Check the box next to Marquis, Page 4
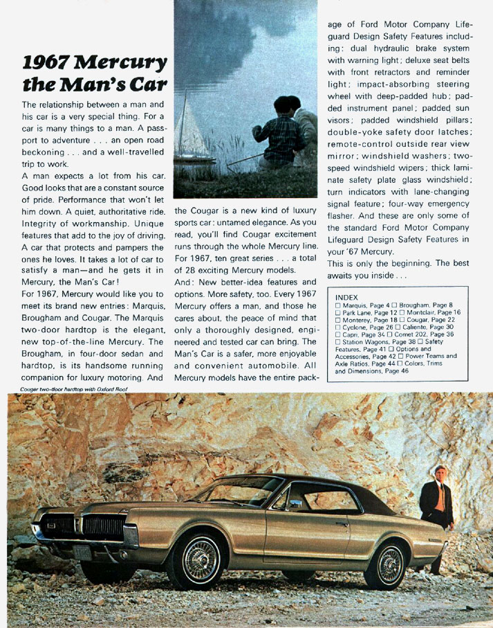[x=337, y=305]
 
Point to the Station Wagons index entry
[x=374, y=341]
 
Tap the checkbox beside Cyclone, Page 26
[x=337, y=327]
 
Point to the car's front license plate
[x=82, y=553]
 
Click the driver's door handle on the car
[x=341, y=523]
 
